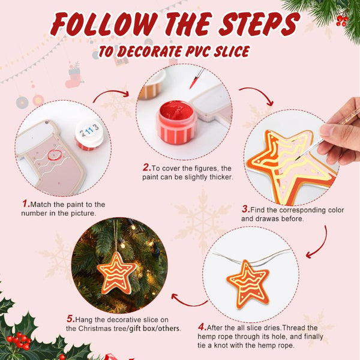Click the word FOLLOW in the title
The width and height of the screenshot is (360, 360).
click(104, 25)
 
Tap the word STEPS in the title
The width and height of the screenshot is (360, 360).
click(259, 24)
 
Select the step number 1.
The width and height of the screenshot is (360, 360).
click(26, 203)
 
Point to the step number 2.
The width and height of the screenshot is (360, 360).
click(147, 167)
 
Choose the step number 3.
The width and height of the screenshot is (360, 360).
click(245, 209)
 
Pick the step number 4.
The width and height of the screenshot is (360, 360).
click(202, 327)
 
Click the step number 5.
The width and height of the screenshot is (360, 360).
click(71, 319)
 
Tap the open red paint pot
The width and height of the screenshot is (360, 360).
click(176, 122)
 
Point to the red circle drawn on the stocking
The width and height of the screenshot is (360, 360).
click(55, 155)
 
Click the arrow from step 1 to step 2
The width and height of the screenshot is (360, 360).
click(111, 94)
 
